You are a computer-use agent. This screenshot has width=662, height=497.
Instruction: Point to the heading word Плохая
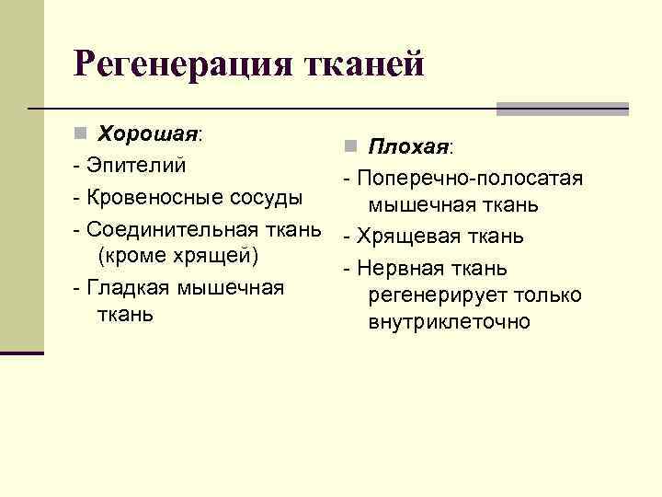click(x=408, y=146)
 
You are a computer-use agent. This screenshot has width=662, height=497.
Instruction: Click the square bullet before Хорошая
click(x=80, y=133)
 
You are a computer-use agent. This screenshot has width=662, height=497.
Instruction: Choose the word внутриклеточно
click(x=449, y=322)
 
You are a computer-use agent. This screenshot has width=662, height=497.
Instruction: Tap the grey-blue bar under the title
click(x=562, y=108)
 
